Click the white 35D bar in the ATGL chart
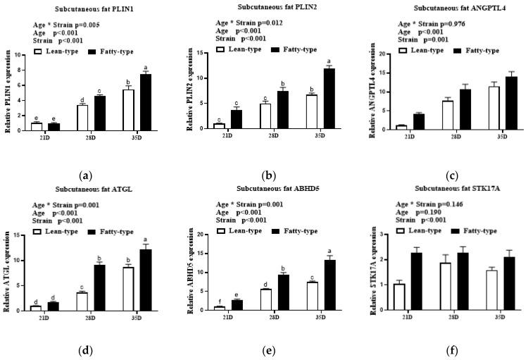(128, 288)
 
